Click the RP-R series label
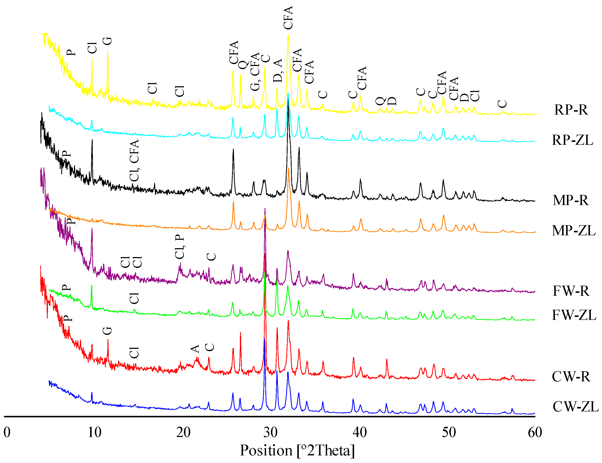click(x=571, y=110)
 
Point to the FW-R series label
click(x=571, y=291)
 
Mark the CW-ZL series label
click(x=575, y=407)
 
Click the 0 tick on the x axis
click(x=7, y=432)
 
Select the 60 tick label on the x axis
click(x=535, y=432)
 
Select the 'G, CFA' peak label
click(x=255, y=72)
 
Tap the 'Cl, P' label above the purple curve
click(x=179, y=247)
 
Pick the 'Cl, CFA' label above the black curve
click(x=134, y=160)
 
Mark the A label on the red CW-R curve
click(x=195, y=349)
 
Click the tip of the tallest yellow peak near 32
click(x=288, y=35)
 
